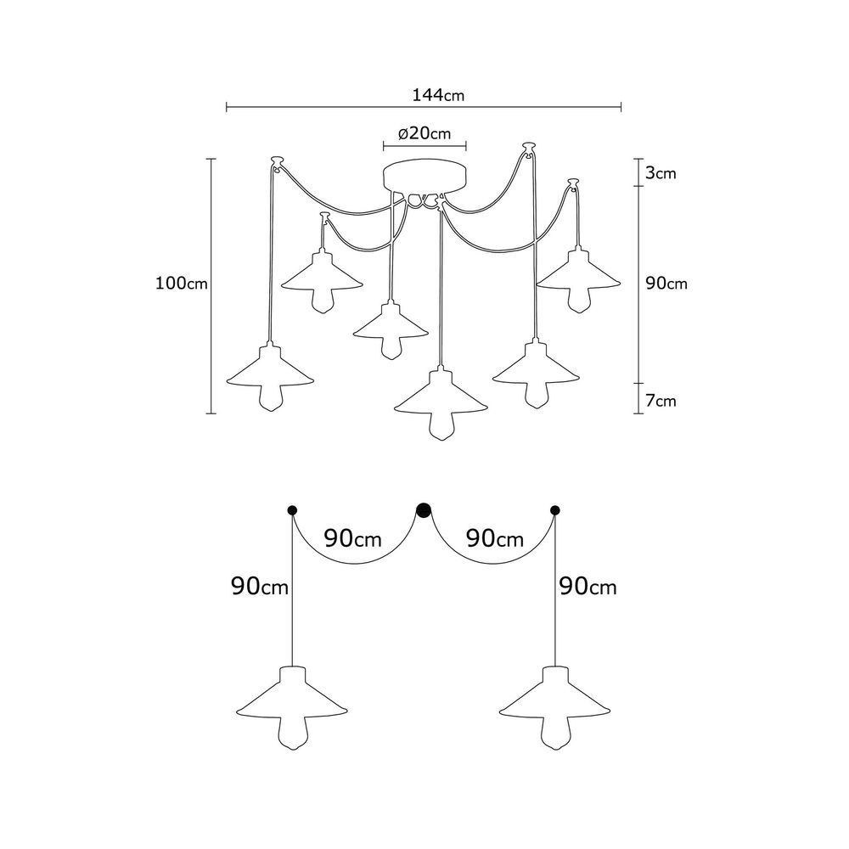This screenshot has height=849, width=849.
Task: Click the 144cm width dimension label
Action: point(438,95)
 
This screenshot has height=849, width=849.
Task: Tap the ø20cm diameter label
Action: point(424,133)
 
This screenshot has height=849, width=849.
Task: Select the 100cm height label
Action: point(182,284)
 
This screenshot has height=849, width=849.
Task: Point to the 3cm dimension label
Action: point(661,173)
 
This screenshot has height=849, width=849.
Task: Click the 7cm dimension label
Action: point(661,401)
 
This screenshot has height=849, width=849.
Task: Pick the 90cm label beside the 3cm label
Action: point(666,284)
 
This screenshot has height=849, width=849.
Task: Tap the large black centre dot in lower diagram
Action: point(423,510)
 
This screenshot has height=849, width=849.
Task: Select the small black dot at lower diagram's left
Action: point(292,510)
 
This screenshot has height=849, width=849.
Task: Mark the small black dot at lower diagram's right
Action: point(555,510)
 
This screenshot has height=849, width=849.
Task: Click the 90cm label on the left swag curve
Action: point(353,539)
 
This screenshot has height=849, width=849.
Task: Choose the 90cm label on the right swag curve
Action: point(495,539)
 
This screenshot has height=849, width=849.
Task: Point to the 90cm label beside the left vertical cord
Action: point(260,587)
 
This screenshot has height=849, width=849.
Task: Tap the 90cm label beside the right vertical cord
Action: point(588,587)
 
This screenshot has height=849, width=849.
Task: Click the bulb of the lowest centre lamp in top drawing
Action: point(441,427)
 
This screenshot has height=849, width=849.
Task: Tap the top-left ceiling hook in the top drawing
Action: point(277,162)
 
